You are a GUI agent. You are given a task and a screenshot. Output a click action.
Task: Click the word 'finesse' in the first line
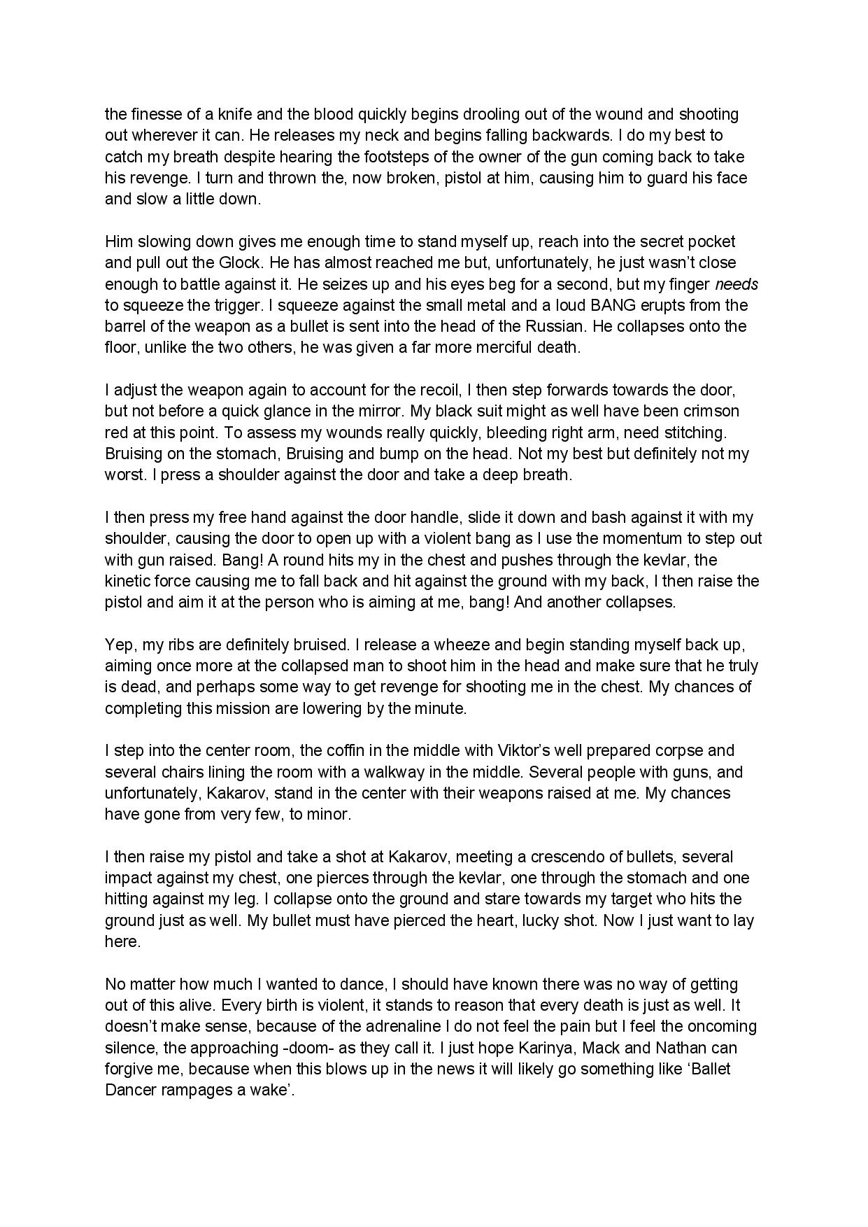coord(153,114)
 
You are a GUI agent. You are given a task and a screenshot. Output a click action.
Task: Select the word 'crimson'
coord(712,411)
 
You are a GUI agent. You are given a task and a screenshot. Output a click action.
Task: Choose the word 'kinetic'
coord(128,581)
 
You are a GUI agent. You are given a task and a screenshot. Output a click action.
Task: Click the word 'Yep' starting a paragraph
coord(119,645)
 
